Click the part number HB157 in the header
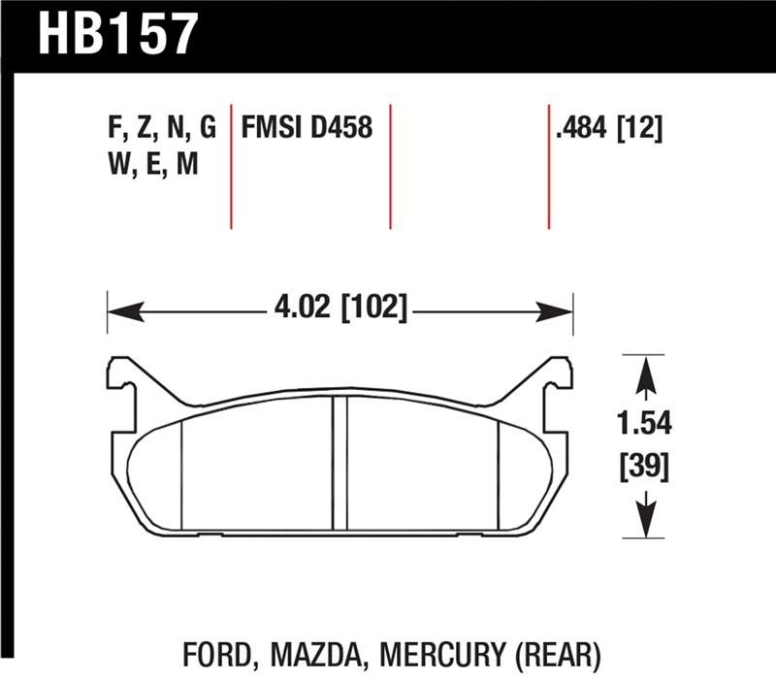tap(117, 35)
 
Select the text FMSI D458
tap(307, 127)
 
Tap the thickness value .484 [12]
tap(608, 127)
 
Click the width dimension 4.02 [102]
tap(340, 311)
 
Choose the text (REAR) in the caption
tap(550, 656)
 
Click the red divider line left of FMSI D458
tap(231, 165)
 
